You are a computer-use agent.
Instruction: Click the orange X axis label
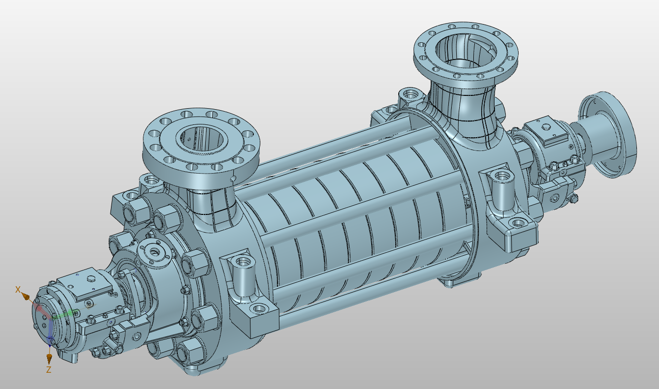(x=18, y=290)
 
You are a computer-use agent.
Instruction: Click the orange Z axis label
(x=49, y=369)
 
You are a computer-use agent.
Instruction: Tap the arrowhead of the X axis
(x=26, y=298)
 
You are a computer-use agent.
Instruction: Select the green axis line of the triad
(x=65, y=314)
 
